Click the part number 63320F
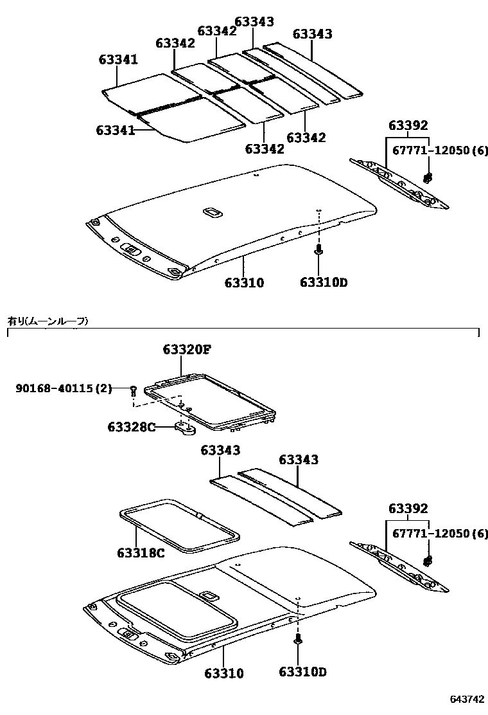coord(187,350)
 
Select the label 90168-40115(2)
coord(64,388)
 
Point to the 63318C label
coord(141,553)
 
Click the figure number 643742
coord(467,699)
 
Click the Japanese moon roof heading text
coord(48,320)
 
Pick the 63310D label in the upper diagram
coord(323,282)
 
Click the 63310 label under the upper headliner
coord(244,282)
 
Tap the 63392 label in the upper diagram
coord(408,125)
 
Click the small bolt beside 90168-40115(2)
coord(133,390)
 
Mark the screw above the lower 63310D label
coord(298,640)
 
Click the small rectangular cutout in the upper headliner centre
coord(210,212)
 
